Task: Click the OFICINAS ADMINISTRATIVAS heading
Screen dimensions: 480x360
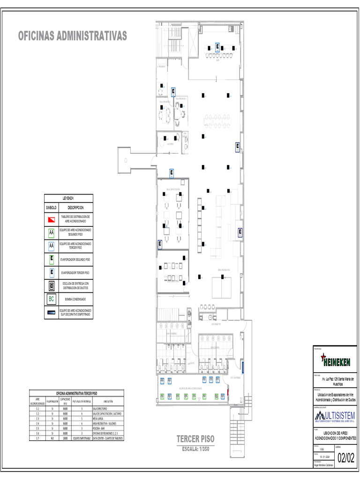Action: coord(72,36)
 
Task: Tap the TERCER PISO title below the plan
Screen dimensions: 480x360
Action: coord(195,439)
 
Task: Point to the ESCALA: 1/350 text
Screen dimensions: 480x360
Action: coord(195,449)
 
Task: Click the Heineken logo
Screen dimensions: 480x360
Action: coord(335,360)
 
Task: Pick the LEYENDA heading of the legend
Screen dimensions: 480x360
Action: coord(68,198)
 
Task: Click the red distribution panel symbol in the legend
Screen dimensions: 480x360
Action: coord(52,219)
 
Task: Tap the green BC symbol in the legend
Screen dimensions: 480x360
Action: coord(52,298)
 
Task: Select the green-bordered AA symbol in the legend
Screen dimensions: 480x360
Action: coord(52,232)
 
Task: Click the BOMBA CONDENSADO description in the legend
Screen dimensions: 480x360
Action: coord(75,298)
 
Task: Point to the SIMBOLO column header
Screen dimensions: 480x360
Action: coord(51,207)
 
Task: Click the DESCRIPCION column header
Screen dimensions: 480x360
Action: coord(75,207)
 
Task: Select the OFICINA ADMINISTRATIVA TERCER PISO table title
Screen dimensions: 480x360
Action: coord(76,393)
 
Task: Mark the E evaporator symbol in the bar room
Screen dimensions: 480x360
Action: coord(217,46)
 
